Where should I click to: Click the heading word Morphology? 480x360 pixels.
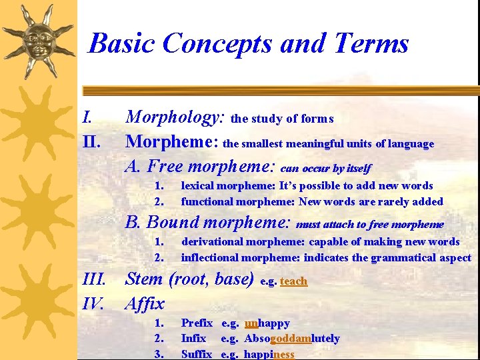click(176, 118)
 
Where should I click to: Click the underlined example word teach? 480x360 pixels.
click(293, 281)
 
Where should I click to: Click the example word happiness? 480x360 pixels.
click(268, 354)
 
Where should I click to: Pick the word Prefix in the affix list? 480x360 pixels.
click(197, 323)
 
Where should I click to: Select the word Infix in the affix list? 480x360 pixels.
click(193, 339)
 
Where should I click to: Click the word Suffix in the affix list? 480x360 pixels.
click(196, 354)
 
